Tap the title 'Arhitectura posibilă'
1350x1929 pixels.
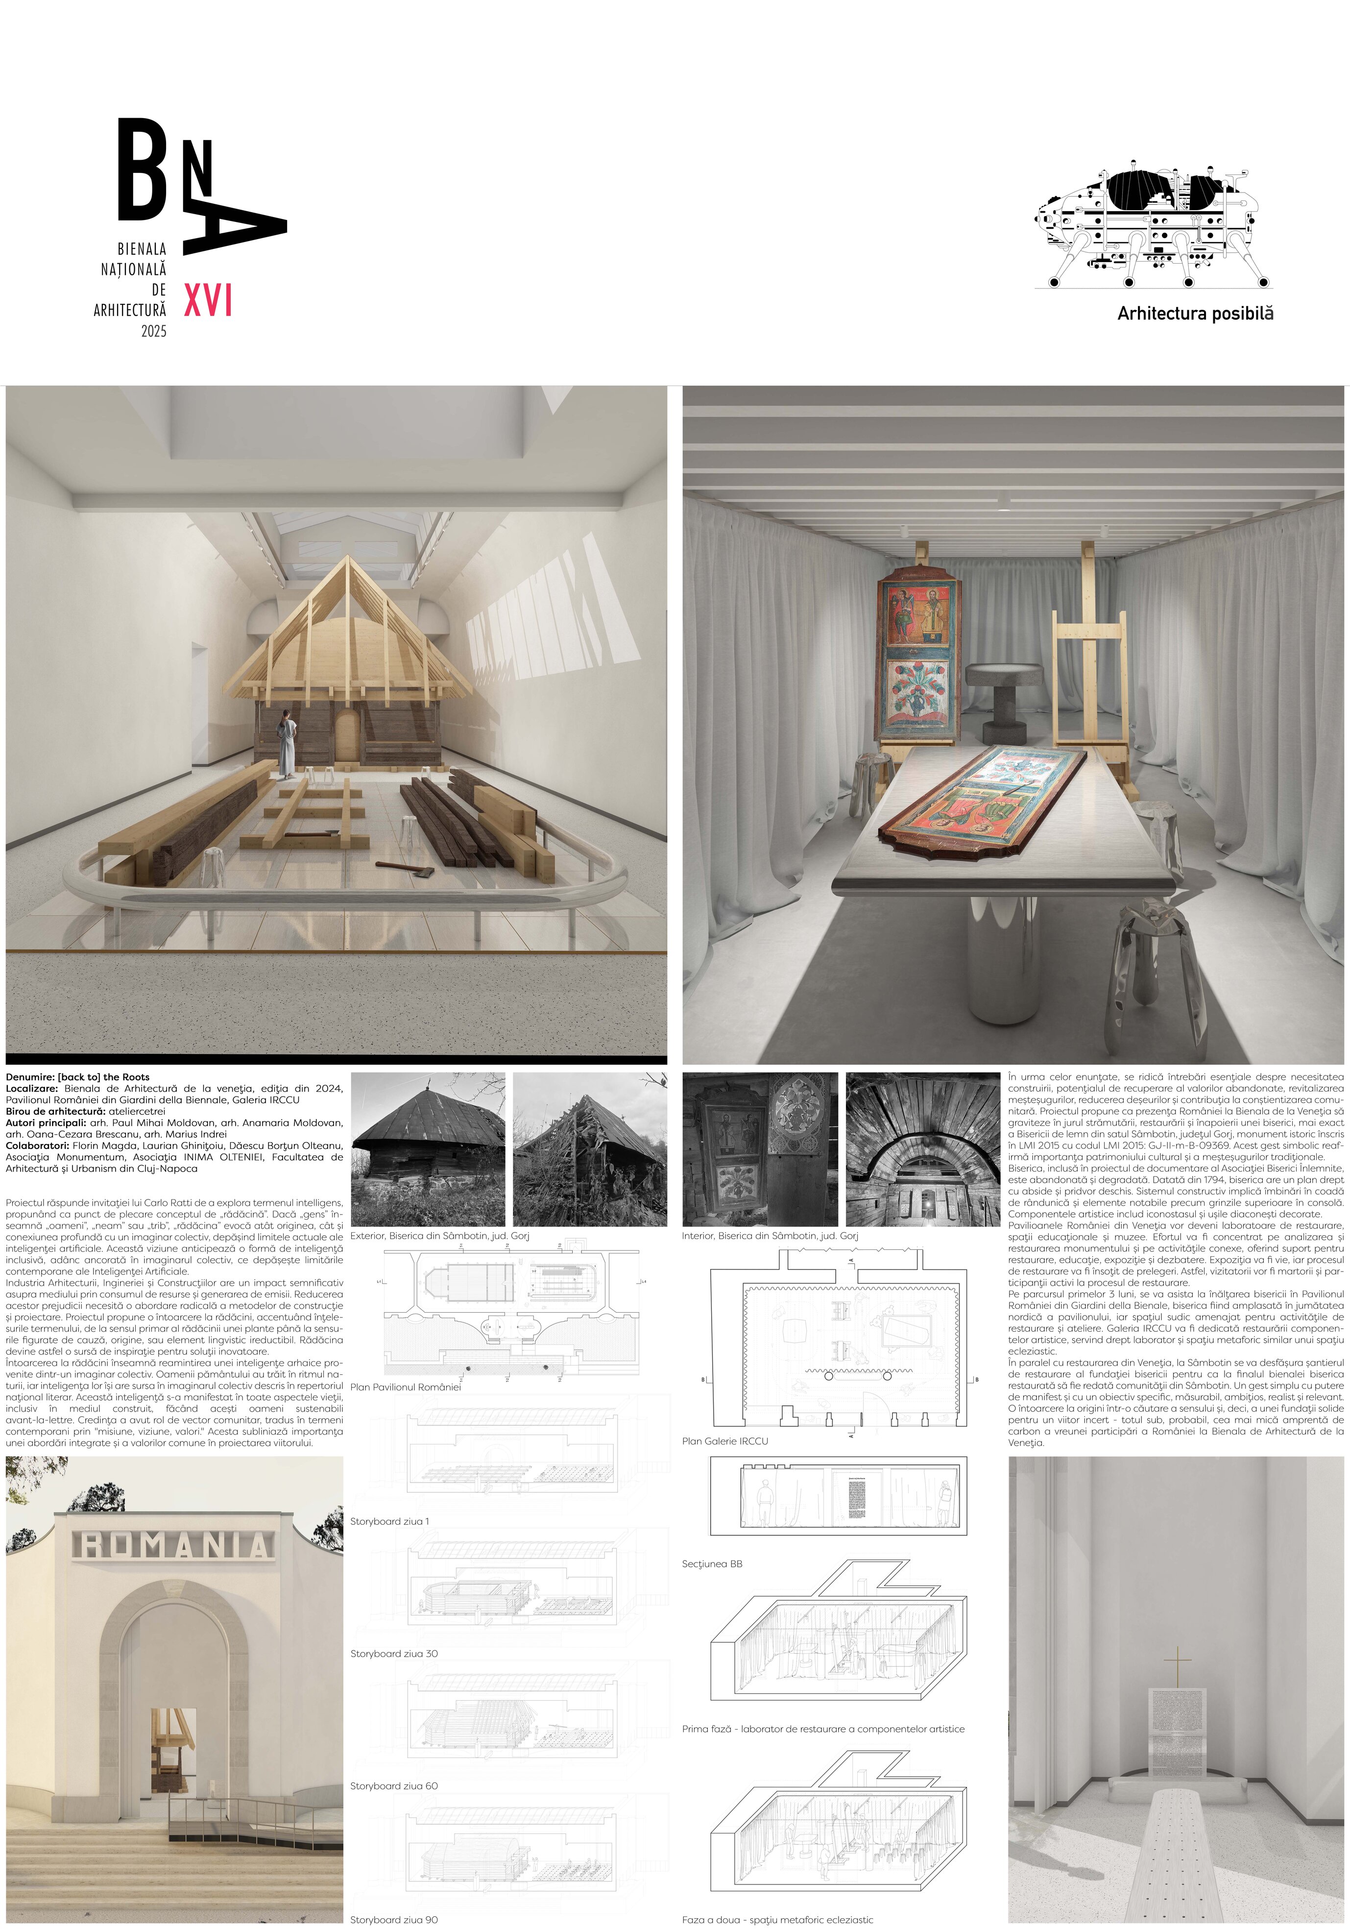(x=1195, y=314)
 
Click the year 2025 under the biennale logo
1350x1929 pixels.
(x=154, y=331)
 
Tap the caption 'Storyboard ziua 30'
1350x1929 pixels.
(x=394, y=1654)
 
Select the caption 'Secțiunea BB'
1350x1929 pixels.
(x=712, y=1564)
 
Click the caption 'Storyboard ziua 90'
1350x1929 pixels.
(x=394, y=1920)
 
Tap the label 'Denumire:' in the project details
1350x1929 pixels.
(x=30, y=1077)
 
